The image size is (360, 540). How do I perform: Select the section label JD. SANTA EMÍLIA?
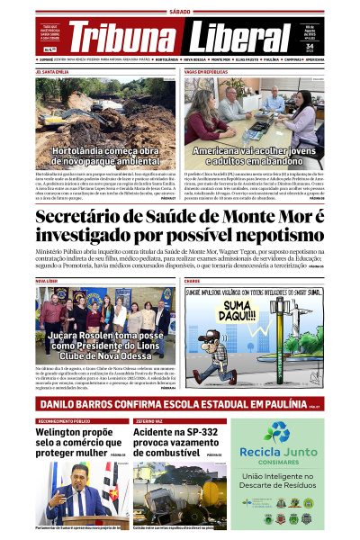tap(51, 70)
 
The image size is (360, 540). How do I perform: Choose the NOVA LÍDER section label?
tap(46, 281)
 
